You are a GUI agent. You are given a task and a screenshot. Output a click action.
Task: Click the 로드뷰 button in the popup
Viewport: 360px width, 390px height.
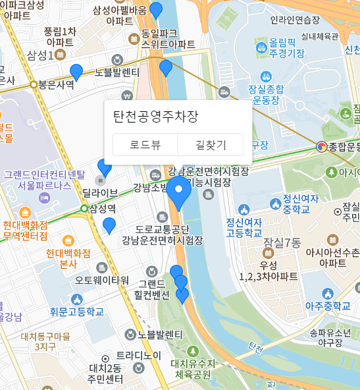(145, 145)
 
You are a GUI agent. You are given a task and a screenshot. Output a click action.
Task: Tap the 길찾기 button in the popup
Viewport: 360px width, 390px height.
(211, 145)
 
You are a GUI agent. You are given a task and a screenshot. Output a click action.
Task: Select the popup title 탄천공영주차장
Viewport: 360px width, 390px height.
(155, 117)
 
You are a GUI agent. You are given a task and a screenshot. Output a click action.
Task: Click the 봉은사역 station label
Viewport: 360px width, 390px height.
(55, 84)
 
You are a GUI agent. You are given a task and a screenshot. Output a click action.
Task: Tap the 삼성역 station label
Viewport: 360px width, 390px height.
(103, 209)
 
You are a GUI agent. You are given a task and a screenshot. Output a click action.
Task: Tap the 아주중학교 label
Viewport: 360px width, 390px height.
(328, 306)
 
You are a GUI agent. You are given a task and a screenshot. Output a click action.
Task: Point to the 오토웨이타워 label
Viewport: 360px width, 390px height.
(102, 280)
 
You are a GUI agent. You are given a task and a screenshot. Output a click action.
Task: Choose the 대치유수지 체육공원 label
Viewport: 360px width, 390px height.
(192, 369)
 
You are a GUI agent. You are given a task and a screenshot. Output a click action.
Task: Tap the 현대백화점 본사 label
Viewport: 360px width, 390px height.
(68, 258)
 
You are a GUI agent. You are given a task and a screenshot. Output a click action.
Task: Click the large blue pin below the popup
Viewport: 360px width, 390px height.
(178, 192)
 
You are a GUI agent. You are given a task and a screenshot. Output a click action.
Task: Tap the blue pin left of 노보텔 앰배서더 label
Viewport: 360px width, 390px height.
(76, 72)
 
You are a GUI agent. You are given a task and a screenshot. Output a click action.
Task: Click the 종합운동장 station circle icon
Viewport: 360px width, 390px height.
(321, 147)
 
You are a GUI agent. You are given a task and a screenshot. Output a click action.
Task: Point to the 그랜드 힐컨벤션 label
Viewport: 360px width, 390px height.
(153, 289)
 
